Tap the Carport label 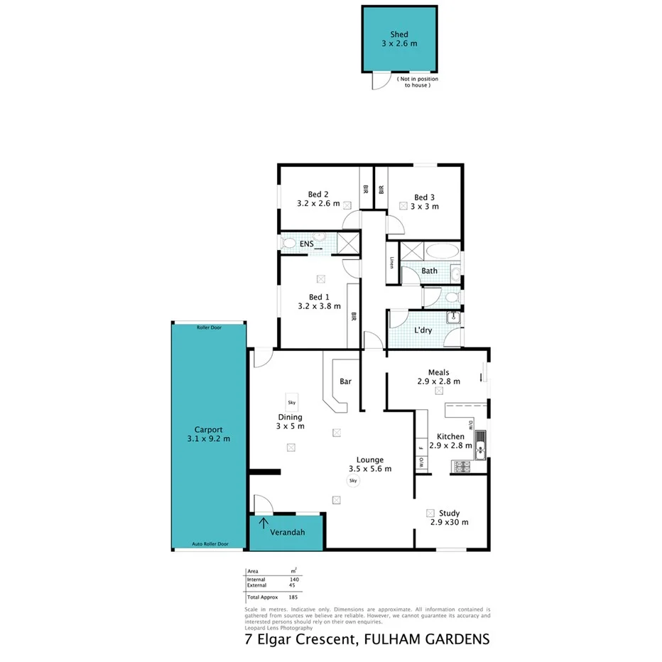pos(209,430)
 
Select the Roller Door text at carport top pos(209,327)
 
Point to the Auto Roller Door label pos(210,544)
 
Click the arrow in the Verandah pos(264,524)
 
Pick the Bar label pos(345,381)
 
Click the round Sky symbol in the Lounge pos(353,481)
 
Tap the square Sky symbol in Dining pos(291,402)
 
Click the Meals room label pos(438,371)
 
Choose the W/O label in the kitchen pos(420,462)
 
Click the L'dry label pos(423,330)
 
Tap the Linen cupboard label pos(391,262)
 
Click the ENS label pos(306,244)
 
